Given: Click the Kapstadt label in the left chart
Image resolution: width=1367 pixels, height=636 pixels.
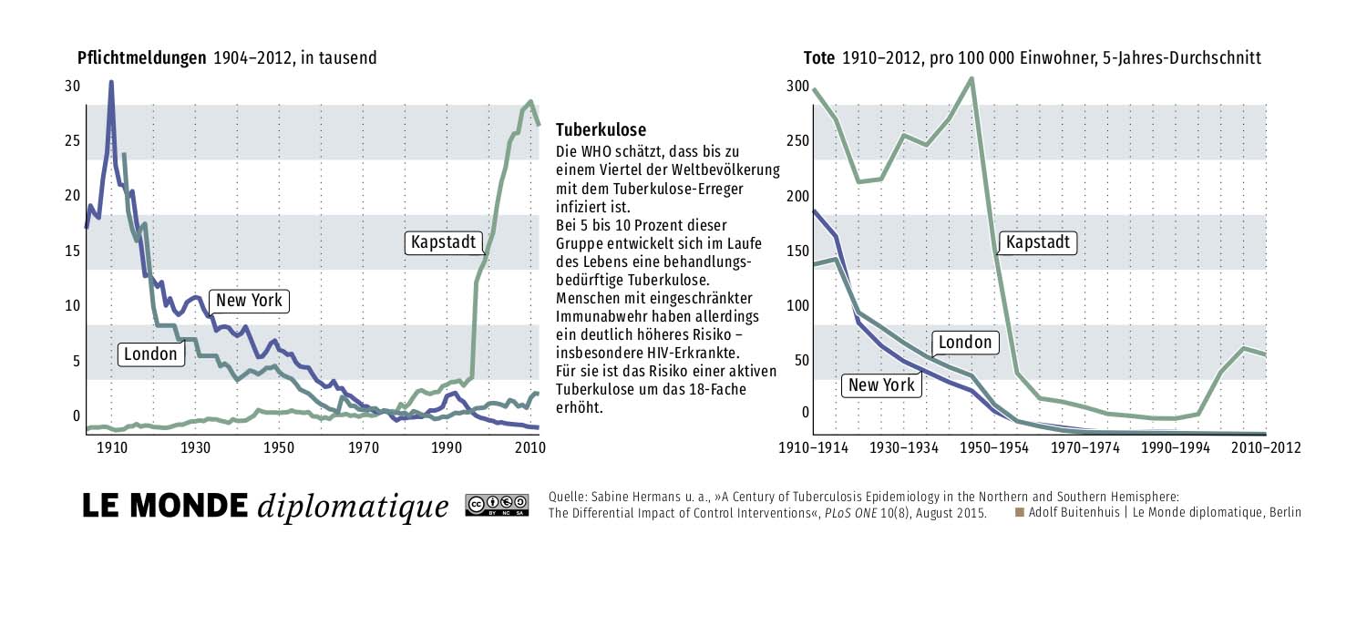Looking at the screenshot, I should point(442,243).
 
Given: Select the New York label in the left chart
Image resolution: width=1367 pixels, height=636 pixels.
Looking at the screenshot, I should point(249,301).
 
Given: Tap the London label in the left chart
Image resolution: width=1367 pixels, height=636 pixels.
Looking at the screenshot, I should point(151,354).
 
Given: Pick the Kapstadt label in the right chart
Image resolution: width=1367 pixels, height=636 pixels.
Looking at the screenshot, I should point(1038,243).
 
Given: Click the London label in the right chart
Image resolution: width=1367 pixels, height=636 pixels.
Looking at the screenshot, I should point(964,343).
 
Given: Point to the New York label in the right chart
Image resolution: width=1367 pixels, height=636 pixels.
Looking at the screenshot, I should point(881,385).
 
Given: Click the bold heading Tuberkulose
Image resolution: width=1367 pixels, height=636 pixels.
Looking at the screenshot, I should point(601,130).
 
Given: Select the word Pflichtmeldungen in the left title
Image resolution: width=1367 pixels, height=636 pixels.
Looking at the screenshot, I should point(142,58).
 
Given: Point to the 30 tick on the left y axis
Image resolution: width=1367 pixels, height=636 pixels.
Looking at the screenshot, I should point(72,87).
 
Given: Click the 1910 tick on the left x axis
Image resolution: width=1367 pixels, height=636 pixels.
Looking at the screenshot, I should point(111,447).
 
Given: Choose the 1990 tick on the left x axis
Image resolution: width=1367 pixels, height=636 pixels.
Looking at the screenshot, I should point(447,447).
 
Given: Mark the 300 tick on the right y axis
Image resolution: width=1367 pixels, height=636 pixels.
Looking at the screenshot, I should point(797,87).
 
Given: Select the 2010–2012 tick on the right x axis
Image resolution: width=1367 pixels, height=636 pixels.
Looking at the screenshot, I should point(1260,447).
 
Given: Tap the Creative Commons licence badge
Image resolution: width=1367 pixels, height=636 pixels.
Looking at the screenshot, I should point(497,505).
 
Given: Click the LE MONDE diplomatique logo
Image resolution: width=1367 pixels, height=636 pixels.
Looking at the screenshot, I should point(266,505).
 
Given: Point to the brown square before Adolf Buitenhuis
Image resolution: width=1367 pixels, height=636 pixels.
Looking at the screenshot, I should point(1021,511).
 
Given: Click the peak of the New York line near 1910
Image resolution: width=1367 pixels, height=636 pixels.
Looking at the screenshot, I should point(111,82).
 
